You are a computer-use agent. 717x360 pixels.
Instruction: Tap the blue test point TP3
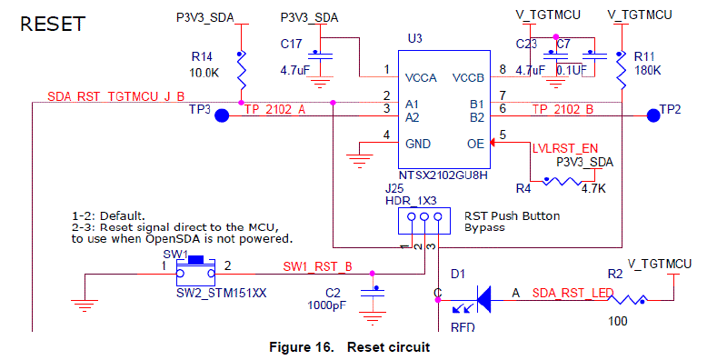[x=220, y=116]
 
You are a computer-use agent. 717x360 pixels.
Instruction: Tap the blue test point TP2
[x=652, y=115]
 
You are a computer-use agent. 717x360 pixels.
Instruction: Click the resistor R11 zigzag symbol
[x=621, y=72]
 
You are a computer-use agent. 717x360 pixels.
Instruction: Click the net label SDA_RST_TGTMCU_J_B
[x=115, y=96]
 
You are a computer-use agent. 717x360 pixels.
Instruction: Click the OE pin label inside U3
[x=473, y=143]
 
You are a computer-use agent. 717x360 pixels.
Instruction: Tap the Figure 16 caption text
[x=349, y=346]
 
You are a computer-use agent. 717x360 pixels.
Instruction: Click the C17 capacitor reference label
[x=291, y=43]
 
